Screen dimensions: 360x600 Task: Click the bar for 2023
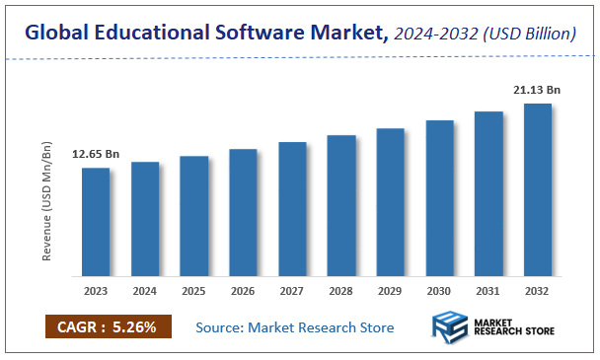tap(96, 222)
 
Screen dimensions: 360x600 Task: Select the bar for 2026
tap(243, 212)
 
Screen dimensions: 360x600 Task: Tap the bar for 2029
tap(390, 202)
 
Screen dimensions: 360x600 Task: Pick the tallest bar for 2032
tap(537, 189)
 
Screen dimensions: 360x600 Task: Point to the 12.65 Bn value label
tap(96, 155)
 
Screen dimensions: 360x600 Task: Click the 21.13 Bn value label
tap(537, 90)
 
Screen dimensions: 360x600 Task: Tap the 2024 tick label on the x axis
tap(145, 291)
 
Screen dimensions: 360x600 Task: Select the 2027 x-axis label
tap(292, 291)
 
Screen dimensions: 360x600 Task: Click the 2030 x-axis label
tap(439, 291)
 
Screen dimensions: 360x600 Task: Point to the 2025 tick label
tap(193, 291)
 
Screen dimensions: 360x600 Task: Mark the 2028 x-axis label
tap(341, 291)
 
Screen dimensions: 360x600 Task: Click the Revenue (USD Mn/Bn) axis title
tap(46, 202)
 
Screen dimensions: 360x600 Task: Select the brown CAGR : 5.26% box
tap(108, 326)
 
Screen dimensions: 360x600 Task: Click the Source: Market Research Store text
tap(294, 327)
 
